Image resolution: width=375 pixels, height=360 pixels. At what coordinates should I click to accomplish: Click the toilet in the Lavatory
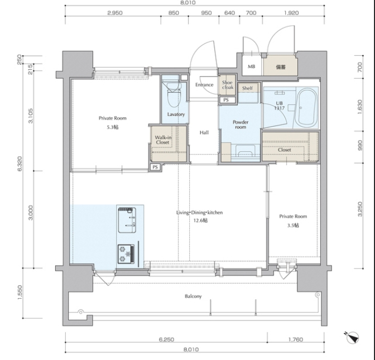pyautogui.click(x=174, y=94)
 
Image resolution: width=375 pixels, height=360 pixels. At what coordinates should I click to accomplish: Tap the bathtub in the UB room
pyautogui.click(x=306, y=108)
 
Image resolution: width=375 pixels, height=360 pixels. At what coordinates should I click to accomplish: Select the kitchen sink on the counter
pyautogui.click(x=127, y=220)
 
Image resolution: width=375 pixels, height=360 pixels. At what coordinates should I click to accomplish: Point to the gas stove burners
pyautogui.click(x=126, y=254)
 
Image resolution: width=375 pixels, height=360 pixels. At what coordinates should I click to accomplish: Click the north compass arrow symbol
pyautogui.click(x=353, y=337)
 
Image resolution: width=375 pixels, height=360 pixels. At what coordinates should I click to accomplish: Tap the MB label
pyautogui.click(x=251, y=66)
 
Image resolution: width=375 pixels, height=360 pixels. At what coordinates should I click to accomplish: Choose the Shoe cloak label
pyautogui.click(x=228, y=85)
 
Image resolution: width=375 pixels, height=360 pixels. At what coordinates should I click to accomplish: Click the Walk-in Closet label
pyautogui.click(x=163, y=140)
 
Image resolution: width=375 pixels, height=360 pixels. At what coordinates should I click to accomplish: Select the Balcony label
pyautogui.click(x=193, y=296)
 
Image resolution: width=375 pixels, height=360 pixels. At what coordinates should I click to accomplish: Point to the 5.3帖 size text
pyautogui.click(x=112, y=127)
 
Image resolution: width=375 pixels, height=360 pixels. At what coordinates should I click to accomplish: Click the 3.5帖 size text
pyautogui.click(x=293, y=225)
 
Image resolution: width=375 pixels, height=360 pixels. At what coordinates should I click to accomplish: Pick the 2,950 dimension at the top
pyautogui.click(x=115, y=13)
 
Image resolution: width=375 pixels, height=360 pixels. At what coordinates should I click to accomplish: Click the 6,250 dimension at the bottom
pyautogui.click(x=166, y=339)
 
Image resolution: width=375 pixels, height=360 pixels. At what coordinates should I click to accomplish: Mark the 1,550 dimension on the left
pyautogui.click(x=20, y=292)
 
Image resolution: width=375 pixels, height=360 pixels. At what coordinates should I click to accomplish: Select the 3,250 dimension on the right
pyautogui.click(x=360, y=209)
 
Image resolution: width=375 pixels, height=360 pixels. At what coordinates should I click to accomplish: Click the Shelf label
pyautogui.click(x=247, y=88)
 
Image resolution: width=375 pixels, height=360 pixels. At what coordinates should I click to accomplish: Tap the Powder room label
pyautogui.click(x=241, y=124)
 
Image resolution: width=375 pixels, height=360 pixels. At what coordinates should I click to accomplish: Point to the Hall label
pyautogui.click(x=204, y=132)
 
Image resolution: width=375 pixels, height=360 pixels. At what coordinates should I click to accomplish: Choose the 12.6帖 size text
pyautogui.click(x=200, y=220)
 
